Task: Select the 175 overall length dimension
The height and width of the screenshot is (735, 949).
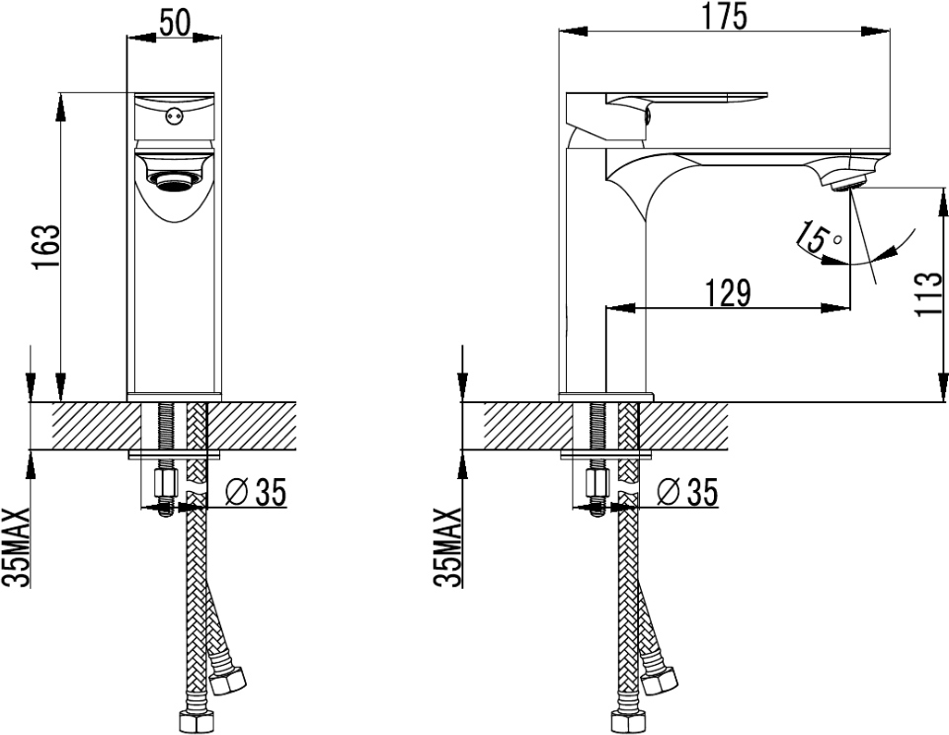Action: point(725,17)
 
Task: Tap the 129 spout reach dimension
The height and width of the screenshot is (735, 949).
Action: point(728,293)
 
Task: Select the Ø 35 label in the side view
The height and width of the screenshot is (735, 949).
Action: point(687,491)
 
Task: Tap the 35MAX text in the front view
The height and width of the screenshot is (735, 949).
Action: point(17,547)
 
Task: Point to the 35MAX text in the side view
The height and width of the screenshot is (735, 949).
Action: point(447,547)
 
